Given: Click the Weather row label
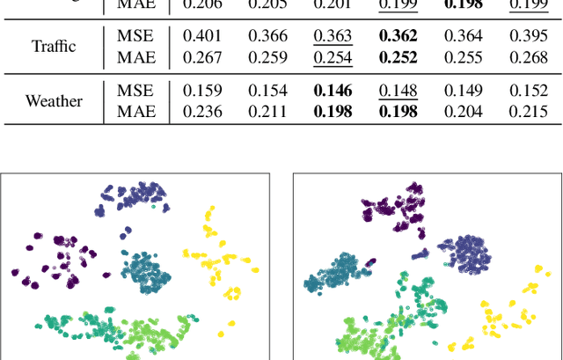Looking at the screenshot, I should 54,100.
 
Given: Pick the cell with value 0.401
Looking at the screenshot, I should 201,36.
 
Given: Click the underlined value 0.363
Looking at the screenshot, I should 332,36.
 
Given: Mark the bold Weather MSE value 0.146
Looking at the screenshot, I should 332,92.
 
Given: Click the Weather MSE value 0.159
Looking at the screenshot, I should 201,92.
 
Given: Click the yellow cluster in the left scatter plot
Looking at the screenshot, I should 220,255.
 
